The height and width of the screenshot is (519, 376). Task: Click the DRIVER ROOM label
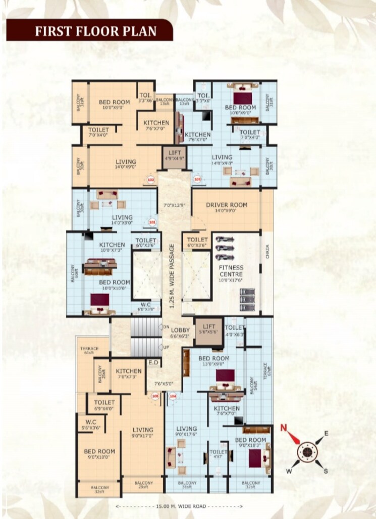coord(226,205)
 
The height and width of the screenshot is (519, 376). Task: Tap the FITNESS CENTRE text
coord(231,271)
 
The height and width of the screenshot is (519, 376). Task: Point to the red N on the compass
coord(284,429)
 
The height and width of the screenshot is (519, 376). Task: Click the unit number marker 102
coord(150,179)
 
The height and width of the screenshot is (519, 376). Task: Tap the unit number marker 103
coord(197,179)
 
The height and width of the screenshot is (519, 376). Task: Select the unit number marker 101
coord(152,221)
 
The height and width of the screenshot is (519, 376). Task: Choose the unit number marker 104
coord(173,397)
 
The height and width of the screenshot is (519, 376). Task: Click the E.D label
coord(152,362)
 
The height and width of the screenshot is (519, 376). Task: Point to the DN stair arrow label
coord(165,327)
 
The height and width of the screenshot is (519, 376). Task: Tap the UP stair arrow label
coord(165,347)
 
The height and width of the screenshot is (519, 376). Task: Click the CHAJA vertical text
coord(267,251)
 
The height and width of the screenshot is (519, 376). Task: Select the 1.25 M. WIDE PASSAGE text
coord(172,276)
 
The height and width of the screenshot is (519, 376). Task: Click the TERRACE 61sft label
coord(89,350)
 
